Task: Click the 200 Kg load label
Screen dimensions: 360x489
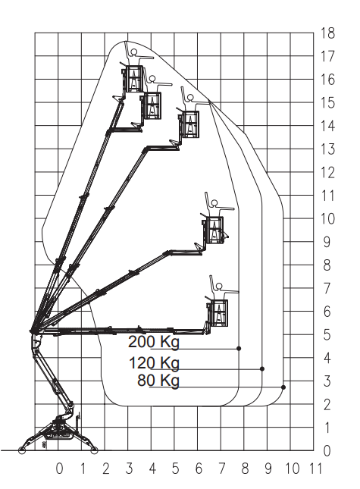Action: (154, 342)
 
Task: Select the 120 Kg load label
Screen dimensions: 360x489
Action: (155, 363)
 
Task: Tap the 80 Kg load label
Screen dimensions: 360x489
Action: (158, 381)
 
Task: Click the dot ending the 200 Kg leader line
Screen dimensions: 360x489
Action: (239, 348)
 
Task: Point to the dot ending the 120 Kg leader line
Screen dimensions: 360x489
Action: (262, 369)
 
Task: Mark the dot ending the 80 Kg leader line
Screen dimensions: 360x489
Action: (283, 387)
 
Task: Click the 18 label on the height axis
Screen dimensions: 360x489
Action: (328, 33)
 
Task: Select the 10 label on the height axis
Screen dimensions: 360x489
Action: (328, 219)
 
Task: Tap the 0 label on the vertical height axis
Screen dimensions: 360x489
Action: (327, 451)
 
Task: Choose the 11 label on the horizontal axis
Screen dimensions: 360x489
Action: (315, 469)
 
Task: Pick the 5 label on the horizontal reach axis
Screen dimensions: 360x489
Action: (176, 469)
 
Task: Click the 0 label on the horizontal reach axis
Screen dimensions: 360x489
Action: (59, 469)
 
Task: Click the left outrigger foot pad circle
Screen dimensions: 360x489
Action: (22, 450)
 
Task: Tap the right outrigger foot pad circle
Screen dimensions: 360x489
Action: (94, 450)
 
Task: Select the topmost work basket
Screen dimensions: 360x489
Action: (133, 79)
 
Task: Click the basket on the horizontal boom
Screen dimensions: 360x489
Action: (219, 313)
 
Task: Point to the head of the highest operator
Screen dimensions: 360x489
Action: (133, 52)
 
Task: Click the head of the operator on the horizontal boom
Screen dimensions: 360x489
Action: (219, 287)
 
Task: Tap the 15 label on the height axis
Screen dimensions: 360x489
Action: (328, 103)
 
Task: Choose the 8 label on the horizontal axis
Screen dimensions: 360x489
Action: (245, 469)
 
